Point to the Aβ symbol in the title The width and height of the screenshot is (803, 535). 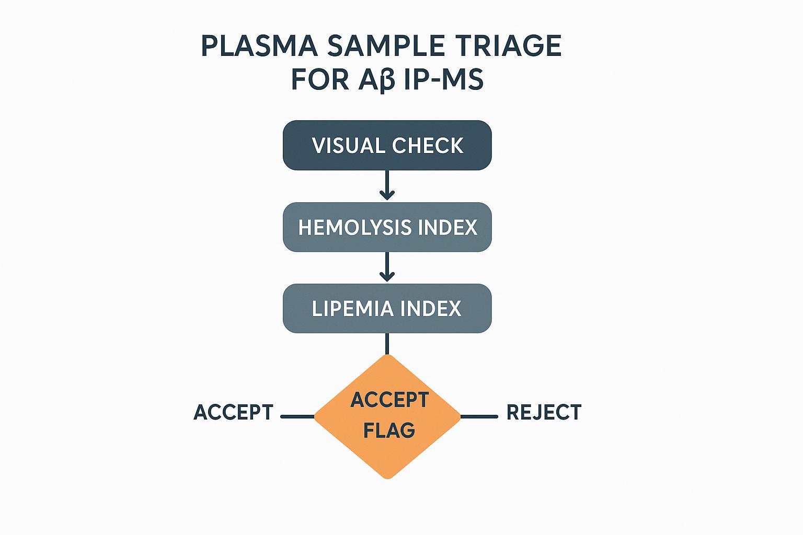(x=376, y=80)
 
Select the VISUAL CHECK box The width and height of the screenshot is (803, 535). (x=387, y=145)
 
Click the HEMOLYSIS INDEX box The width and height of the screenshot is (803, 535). (x=387, y=227)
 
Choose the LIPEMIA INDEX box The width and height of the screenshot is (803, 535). (x=387, y=308)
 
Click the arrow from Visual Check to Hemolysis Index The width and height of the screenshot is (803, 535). (x=387, y=185)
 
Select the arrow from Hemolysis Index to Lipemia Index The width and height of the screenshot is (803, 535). (x=387, y=267)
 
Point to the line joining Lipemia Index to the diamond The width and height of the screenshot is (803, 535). (x=387, y=343)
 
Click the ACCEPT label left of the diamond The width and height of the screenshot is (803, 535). (x=233, y=412)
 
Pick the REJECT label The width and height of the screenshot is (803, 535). (x=544, y=412)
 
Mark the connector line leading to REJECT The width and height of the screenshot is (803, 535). (x=479, y=416)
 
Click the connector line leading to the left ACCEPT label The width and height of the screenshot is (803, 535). (x=297, y=416)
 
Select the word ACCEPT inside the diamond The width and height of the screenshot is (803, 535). (x=389, y=400)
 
